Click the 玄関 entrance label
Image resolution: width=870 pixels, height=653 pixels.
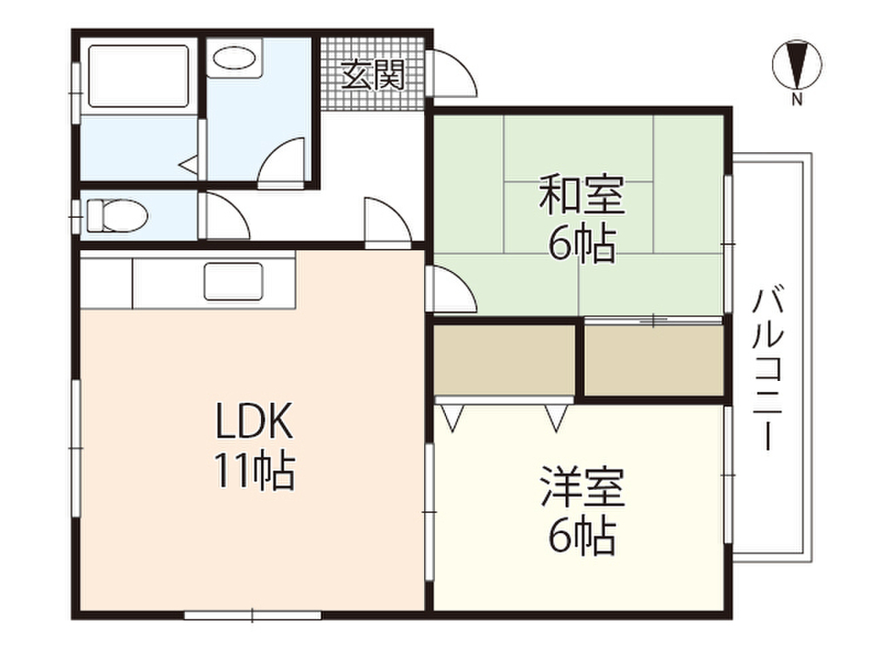[x=372, y=75]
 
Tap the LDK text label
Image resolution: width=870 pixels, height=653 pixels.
[x=253, y=422]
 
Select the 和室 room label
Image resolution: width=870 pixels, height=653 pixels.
[x=582, y=195]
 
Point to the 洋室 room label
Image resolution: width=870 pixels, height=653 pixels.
[x=582, y=487]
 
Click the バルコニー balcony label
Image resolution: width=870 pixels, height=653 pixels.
[x=768, y=367]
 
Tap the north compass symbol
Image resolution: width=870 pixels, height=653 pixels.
[x=797, y=65]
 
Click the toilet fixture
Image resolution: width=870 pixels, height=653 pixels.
[x=117, y=215]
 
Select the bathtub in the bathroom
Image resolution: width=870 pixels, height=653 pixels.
[x=138, y=76]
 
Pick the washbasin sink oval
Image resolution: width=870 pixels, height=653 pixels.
[x=234, y=58]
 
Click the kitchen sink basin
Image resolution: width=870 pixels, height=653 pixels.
[x=233, y=281]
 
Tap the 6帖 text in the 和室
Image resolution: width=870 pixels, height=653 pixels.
[x=582, y=244]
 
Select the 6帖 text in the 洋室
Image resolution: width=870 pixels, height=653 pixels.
[x=582, y=537]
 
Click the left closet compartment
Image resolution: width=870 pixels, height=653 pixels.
[x=504, y=361]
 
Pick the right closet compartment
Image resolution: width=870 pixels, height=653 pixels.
[x=654, y=361]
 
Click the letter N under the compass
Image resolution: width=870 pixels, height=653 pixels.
[x=797, y=100]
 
